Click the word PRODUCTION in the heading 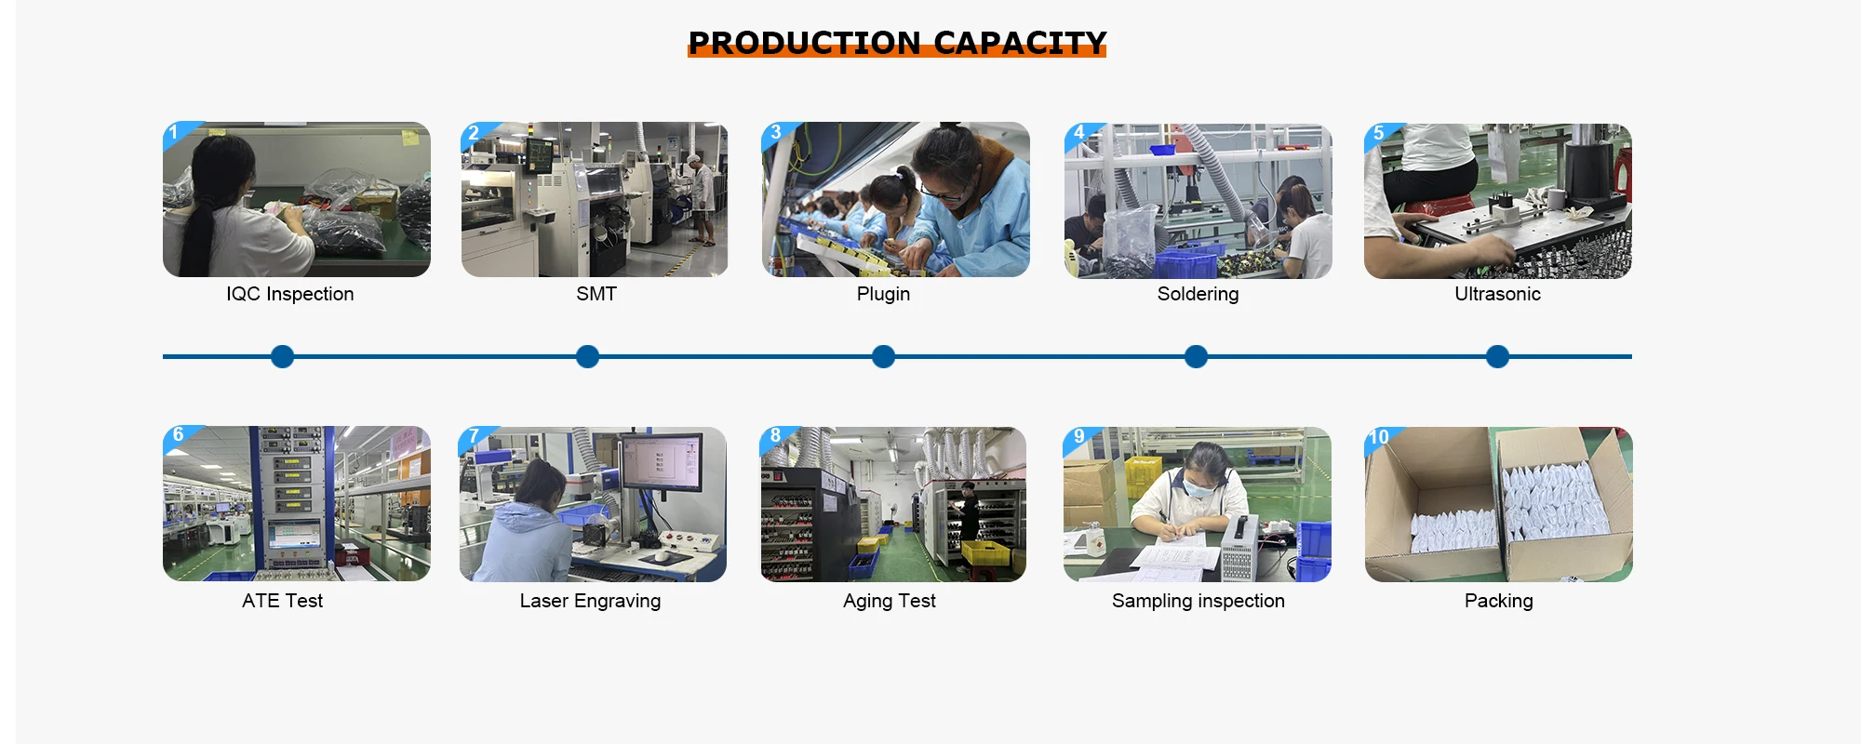pyautogui.click(x=804, y=43)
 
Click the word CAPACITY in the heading pyautogui.click(x=1020, y=43)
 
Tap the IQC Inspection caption pyautogui.click(x=289, y=294)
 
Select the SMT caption pyautogui.click(x=596, y=294)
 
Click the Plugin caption pyautogui.click(x=883, y=294)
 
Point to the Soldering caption pyautogui.click(x=1198, y=294)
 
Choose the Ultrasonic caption pyautogui.click(x=1497, y=294)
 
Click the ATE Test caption pyautogui.click(x=282, y=601)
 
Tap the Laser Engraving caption pyautogui.click(x=590, y=601)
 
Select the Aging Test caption pyautogui.click(x=889, y=601)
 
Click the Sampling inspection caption pyautogui.click(x=1198, y=601)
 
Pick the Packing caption pyautogui.click(x=1498, y=601)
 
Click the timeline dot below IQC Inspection pyautogui.click(x=282, y=356)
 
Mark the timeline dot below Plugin pyautogui.click(x=883, y=356)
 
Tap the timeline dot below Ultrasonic pyautogui.click(x=1497, y=356)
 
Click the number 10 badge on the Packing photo pyautogui.click(x=1378, y=437)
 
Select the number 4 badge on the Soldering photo pyautogui.click(x=1078, y=132)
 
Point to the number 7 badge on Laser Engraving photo pyautogui.click(x=474, y=436)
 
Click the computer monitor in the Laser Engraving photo pyautogui.click(x=662, y=462)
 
